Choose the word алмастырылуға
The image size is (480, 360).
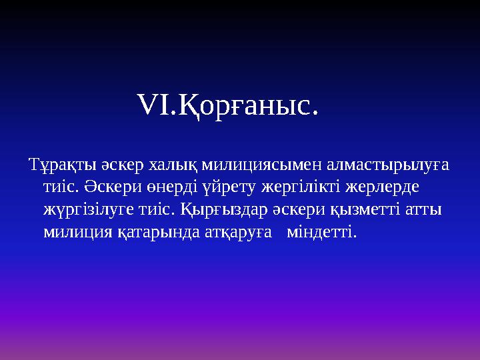point(373,165)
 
